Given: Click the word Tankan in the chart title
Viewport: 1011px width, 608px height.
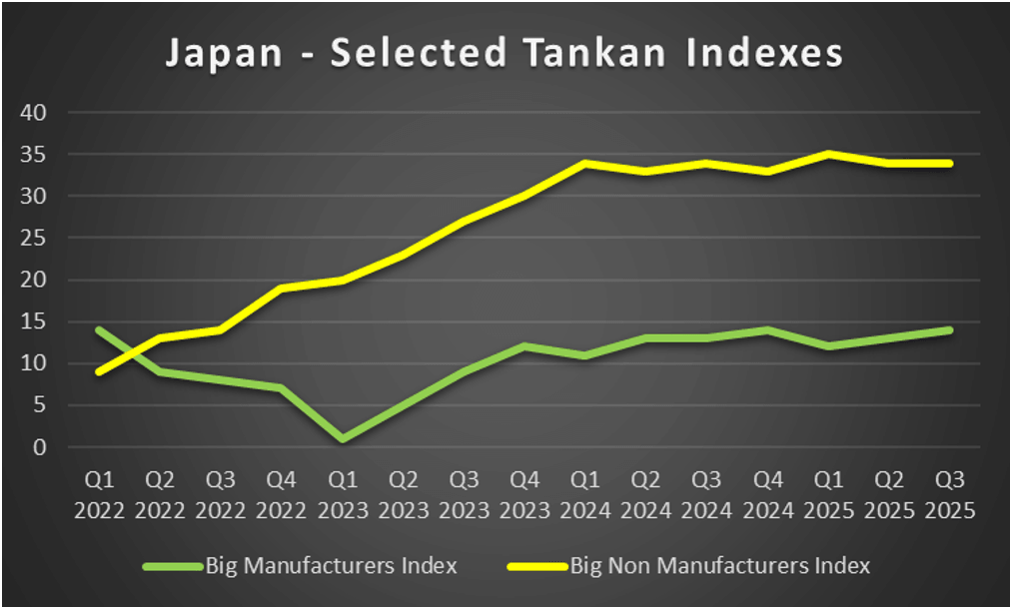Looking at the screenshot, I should click(x=615, y=53).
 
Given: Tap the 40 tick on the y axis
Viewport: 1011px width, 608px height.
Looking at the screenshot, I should click(x=35, y=113).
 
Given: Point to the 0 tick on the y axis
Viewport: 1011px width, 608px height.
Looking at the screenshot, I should click(x=41, y=447).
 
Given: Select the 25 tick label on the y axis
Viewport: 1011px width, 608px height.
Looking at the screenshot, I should click(x=35, y=239).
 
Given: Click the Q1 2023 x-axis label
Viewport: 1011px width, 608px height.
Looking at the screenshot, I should click(x=343, y=496).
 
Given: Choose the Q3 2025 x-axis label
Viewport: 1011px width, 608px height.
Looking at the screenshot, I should click(x=949, y=496).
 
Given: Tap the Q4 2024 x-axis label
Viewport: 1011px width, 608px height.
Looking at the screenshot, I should click(x=768, y=496).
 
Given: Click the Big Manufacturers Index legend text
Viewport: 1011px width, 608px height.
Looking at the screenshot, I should click(x=331, y=566).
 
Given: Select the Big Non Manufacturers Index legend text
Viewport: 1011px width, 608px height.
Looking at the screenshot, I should click(x=719, y=566).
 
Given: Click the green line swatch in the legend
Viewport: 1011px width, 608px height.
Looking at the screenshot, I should click(x=172, y=566).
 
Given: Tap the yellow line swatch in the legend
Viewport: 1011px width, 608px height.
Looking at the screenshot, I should click(x=536, y=566).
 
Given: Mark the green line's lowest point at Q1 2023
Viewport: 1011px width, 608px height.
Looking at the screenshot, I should click(x=343, y=439).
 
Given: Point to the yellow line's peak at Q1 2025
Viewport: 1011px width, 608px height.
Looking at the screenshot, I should click(x=828, y=155).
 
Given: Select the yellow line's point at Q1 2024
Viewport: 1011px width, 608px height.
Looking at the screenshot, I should click(x=585, y=163).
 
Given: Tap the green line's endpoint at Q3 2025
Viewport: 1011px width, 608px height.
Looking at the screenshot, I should click(x=949, y=330).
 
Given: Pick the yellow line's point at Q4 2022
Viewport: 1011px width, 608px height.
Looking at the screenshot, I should click(x=282, y=289).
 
